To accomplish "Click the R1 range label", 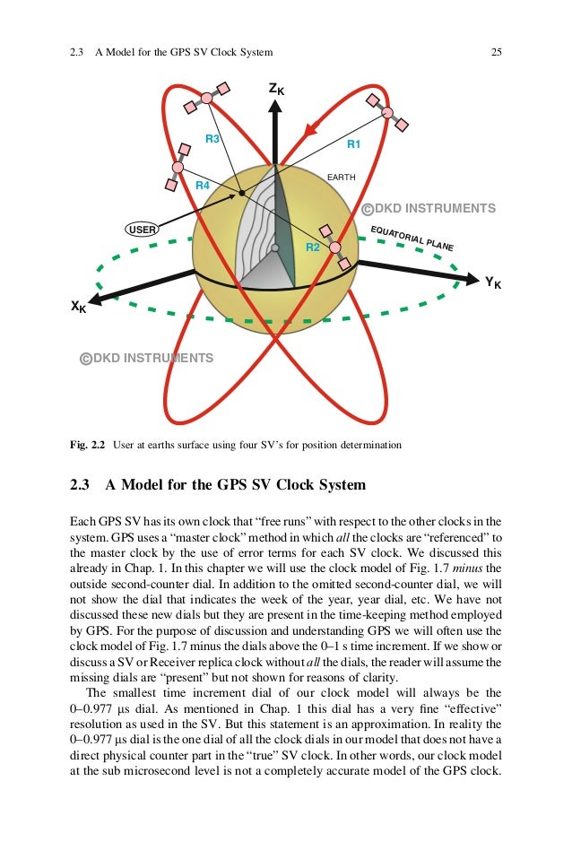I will [x=353, y=143].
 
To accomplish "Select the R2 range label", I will [x=313, y=247].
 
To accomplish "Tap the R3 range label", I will [x=212, y=139].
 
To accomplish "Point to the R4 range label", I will [x=203, y=185].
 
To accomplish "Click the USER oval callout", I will [x=143, y=230].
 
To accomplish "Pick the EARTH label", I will [x=341, y=178].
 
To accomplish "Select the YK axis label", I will [x=492, y=283].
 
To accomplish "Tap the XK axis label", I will [x=79, y=307].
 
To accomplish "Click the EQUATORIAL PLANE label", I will [x=412, y=238].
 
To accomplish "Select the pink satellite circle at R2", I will [x=334, y=247].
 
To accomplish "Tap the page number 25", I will [x=496, y=52].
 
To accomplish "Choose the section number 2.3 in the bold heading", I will [x=81, y=485].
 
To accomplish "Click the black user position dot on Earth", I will [x=242, y=193].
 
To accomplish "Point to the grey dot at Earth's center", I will [x=275, y=247].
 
